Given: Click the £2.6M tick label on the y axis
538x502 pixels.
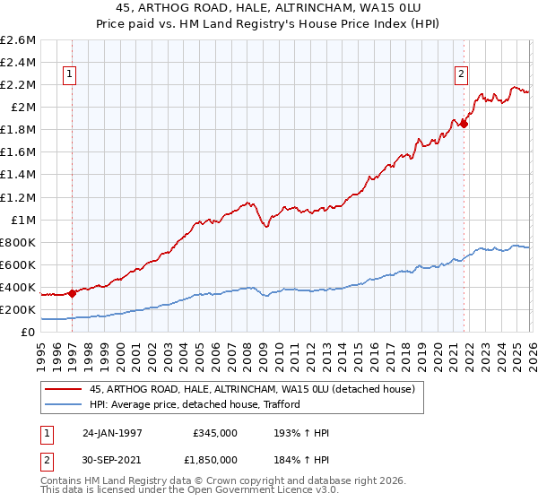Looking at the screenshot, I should pyautogui.click(x=18, y=40).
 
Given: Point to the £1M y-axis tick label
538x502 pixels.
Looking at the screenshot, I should pyautogui.click(x=22, y=220).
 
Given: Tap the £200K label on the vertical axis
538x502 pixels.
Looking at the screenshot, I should pyautogui.click(x=18, y=309).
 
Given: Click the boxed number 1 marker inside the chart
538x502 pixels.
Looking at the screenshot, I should pyautogui.click(x=69, y=75).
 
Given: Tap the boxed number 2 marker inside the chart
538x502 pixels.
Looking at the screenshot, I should pyautogui.click(x=461, y=75).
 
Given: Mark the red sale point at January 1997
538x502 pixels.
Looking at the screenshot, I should pyautogui.click(x=73, y=293).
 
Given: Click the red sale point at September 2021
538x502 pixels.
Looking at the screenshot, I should pyautogui.click(x=464, y=125).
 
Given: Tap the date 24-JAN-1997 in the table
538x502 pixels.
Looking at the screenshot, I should pyautogui.click(x=111, y=433).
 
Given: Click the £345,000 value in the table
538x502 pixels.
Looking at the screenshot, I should pyautogui.click(x=215, y=433).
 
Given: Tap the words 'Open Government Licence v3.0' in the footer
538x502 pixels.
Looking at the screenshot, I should pyautogui.click(x=263, y=492).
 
